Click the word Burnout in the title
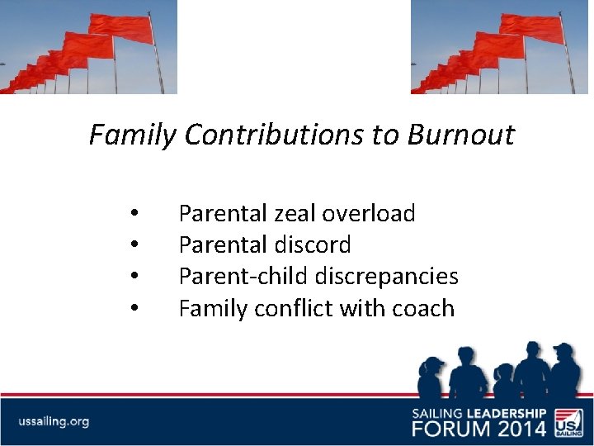click(460, 135)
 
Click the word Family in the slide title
click(132, 135)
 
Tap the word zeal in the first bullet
click(295, 214)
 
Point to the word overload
click(369, 214)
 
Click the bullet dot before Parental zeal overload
click(134, 215)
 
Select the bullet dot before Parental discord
click(134, 246)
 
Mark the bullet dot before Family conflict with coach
click(134, 309)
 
